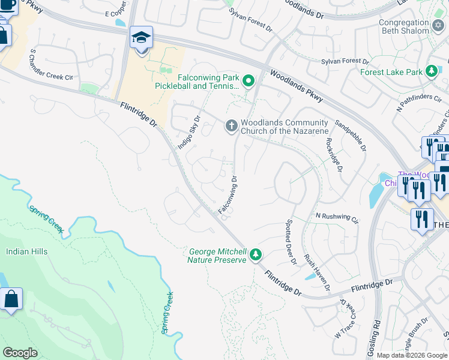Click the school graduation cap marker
coord(141,38)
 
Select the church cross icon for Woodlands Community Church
coord(231,126)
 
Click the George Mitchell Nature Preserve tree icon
coord(256,255)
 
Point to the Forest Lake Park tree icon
coord(431,72)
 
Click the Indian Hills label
coord(26,251)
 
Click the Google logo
coord(20,353)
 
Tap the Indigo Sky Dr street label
coord(188,127)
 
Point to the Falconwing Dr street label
coord(228,194)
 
